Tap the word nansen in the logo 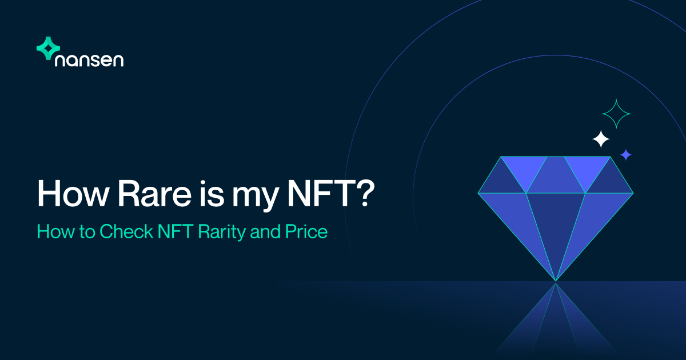tap(89, 60)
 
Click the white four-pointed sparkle tap(600, 139)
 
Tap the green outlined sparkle tap(616, 114)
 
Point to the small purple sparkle tap(626, 154)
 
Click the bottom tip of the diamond tap(556, 281)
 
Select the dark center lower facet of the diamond tap(556, 229)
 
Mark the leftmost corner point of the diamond tap(478, 193)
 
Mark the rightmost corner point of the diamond tap(633, 193)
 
